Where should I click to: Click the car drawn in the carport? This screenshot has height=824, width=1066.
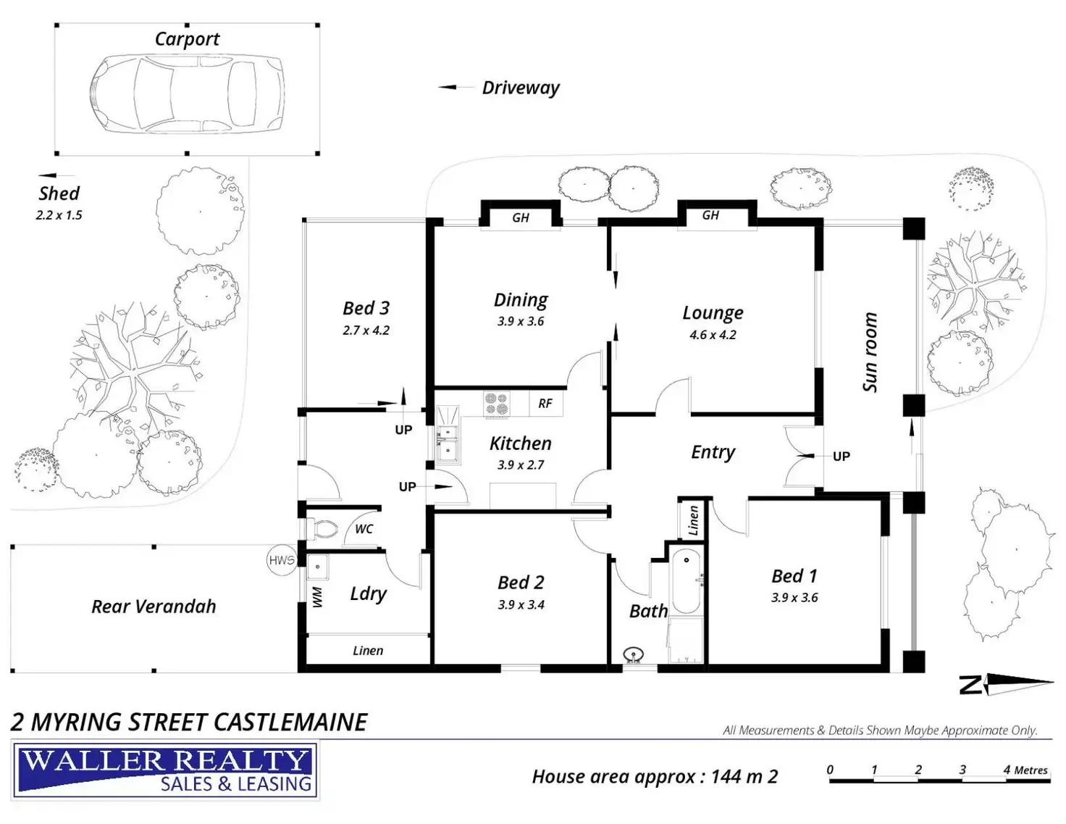pos(187,94)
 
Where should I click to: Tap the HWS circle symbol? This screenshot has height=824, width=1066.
pos(282,560)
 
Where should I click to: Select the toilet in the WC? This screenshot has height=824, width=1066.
pos(323,530)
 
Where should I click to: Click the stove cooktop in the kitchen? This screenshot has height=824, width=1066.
pos(497,404)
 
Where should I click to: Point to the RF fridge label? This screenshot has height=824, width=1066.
pos(545,404)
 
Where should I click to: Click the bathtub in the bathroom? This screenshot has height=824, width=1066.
pos(685,580)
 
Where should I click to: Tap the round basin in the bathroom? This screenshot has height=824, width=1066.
pos(634,654)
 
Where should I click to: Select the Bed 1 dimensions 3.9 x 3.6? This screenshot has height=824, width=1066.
pos(794,598)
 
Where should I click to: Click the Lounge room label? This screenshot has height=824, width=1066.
pos(713,313)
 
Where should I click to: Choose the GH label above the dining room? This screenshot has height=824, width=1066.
pos(521,217)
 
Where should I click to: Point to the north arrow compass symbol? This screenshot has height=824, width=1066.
pos(1007,683)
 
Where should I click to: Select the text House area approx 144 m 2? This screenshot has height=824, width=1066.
pos(655,777)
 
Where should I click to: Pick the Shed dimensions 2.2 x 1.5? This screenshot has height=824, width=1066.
pos(59,215)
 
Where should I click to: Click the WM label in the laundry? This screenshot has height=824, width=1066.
pos(316,597)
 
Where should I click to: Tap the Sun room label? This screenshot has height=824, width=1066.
pos(870,352)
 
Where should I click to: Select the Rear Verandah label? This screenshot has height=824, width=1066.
pos(154,607)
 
